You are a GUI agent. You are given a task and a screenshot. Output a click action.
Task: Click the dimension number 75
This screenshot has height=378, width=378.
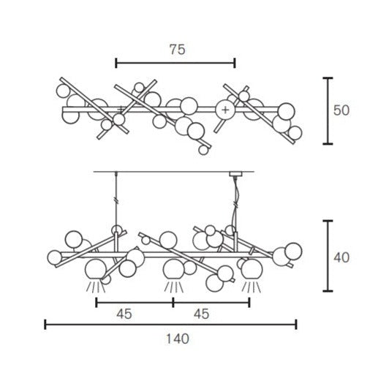coord(178,50)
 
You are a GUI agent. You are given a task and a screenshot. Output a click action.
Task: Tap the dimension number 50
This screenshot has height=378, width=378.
coord(341,110)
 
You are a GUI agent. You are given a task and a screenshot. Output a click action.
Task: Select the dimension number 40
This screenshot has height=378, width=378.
coord(341,257)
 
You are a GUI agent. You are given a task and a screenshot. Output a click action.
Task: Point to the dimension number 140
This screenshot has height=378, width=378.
coord(178,339)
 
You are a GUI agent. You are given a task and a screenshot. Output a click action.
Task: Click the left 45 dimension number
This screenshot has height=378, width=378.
coord(124,314)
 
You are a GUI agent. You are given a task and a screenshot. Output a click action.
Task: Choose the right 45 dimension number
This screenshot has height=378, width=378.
coord(201,314)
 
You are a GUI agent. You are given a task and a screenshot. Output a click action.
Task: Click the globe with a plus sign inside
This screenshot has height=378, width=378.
coord(225,110)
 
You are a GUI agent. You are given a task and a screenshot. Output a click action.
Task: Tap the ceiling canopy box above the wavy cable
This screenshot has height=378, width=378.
coord(235,174)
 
